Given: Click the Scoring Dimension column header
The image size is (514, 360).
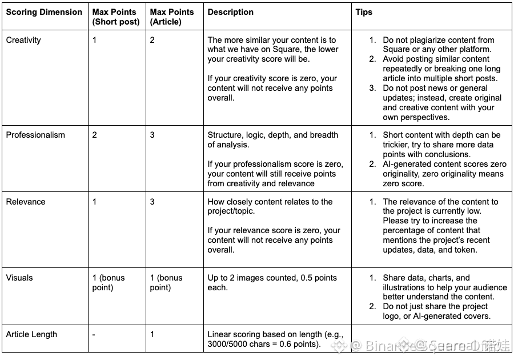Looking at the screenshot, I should click(44, 12).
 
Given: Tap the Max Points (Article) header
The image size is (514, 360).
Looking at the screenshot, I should click(172, 17).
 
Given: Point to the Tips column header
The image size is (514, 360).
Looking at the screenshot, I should click(364, 12).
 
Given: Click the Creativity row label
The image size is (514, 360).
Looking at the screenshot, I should click(23, 40).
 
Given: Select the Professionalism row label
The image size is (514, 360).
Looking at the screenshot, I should click(35, 135).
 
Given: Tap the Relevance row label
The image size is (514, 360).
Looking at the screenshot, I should click(26, 202).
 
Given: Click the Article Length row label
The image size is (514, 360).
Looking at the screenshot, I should click(31, 334).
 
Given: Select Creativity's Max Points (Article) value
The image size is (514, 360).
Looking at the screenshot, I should click(152, 40).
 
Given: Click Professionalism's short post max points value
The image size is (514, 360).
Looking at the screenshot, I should click(95, 135).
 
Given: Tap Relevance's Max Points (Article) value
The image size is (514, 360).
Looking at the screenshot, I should click(152, 202).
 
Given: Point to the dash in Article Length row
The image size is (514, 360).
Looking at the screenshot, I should click(94, 334).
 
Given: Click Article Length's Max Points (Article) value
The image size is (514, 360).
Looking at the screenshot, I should click(152, 334).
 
